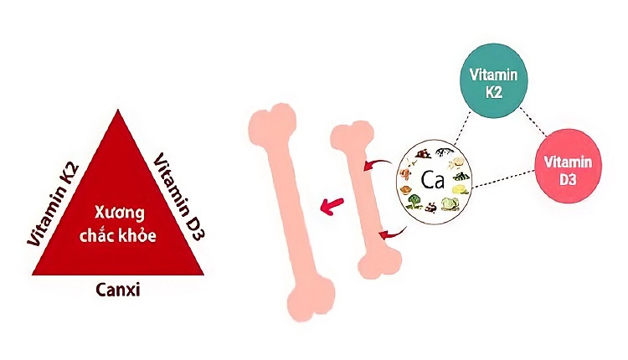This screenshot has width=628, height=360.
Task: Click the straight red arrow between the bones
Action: (x=333, y=203)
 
